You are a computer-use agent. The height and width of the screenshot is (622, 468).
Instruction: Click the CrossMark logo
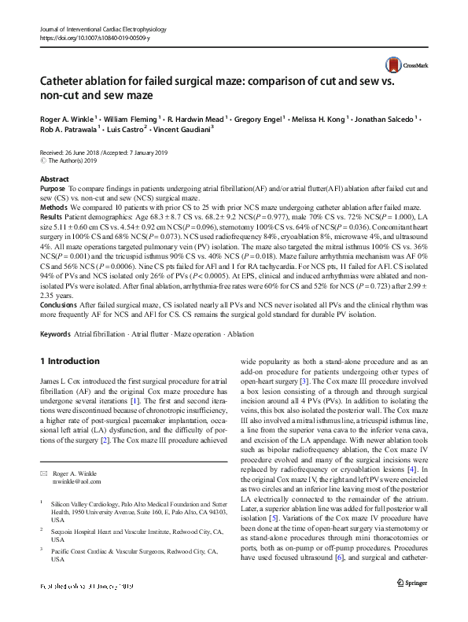click(397, 65)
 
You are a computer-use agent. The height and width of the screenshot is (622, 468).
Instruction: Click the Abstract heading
click(54, 180)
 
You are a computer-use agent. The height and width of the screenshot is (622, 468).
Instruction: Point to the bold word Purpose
click(53, 190)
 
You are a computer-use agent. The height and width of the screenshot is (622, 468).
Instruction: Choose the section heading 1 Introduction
click(69, 362)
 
